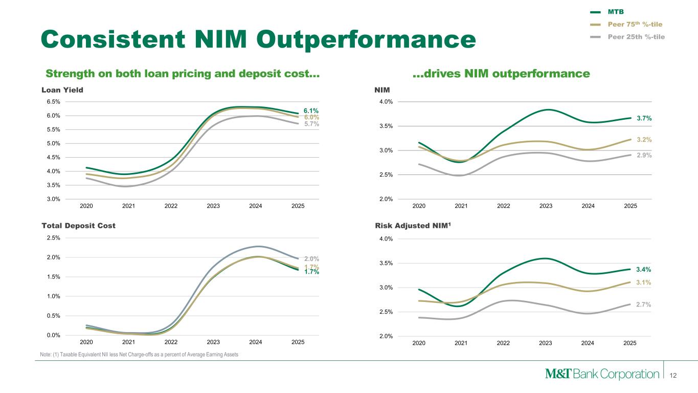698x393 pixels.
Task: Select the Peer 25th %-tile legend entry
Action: [636, 36]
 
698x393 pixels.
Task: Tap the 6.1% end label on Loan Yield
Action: [311, 111]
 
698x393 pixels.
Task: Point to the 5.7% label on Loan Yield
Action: [311, 124]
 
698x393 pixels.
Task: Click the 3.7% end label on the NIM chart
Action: [644, 118]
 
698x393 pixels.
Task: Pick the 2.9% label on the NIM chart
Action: [644, 155]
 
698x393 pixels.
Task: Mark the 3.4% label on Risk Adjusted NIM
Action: [644, 269]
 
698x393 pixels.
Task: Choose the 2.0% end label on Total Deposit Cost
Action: [311, 259]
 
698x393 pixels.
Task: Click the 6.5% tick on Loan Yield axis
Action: [53, 102]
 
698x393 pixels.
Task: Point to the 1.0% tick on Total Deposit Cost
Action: [53, 296]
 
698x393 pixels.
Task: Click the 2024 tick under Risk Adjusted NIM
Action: [588, 343]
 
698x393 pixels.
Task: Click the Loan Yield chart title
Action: [62, 90]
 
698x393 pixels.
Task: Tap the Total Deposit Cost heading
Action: [78, 226]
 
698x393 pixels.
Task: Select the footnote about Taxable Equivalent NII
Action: [139, 355]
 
